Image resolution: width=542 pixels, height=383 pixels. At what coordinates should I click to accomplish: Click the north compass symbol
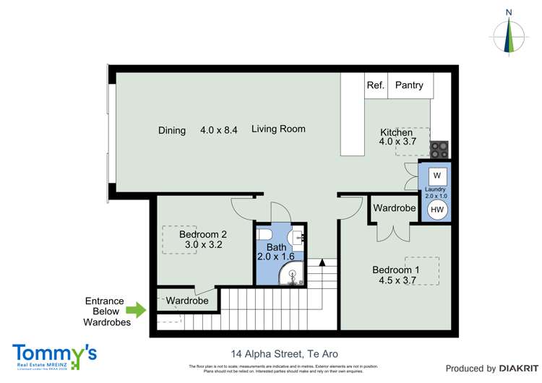(x=509, y=33)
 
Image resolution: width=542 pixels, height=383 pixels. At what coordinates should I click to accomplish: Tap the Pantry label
(x=409, y=85)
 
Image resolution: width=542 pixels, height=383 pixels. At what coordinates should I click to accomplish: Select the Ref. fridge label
(x=375, y=85)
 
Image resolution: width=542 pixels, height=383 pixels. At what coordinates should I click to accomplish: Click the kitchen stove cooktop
(x=439, y=150)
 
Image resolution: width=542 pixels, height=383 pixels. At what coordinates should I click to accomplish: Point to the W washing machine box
(x=436, y=176)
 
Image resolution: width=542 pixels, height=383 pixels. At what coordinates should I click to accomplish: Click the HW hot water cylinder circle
(x=436, y=210)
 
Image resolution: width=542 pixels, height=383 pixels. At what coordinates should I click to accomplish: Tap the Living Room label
(x=278, y=129)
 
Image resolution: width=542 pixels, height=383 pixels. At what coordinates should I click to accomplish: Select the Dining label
(x=172, y=131)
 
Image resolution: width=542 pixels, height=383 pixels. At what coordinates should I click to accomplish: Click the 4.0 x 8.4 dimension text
(x=219, y=131)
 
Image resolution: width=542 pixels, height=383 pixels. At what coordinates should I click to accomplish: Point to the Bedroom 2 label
(x=203, y=234)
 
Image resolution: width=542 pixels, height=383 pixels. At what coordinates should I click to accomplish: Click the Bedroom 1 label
(x=395, y=270)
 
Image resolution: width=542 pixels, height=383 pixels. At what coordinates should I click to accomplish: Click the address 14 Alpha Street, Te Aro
(x=284, y=354)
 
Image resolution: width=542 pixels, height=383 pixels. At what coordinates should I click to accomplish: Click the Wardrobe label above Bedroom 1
(x=395, y=208)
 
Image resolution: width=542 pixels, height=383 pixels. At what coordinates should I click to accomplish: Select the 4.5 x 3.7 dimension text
(x=396, y=281)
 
